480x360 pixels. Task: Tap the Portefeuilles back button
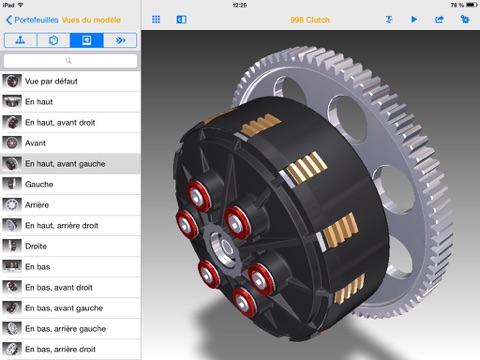pos(30,19)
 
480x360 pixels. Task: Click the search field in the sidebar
pos(70,60)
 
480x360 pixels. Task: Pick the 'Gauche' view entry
pos(40,184)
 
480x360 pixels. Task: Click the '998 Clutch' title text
pos(311,19)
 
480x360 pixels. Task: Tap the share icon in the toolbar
pos(438,19)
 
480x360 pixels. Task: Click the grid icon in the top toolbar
pos(156,19)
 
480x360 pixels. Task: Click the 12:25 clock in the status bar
pos(239,5)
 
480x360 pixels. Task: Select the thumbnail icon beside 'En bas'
pos(12,266)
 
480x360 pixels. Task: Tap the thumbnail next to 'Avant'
pos(12,142)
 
